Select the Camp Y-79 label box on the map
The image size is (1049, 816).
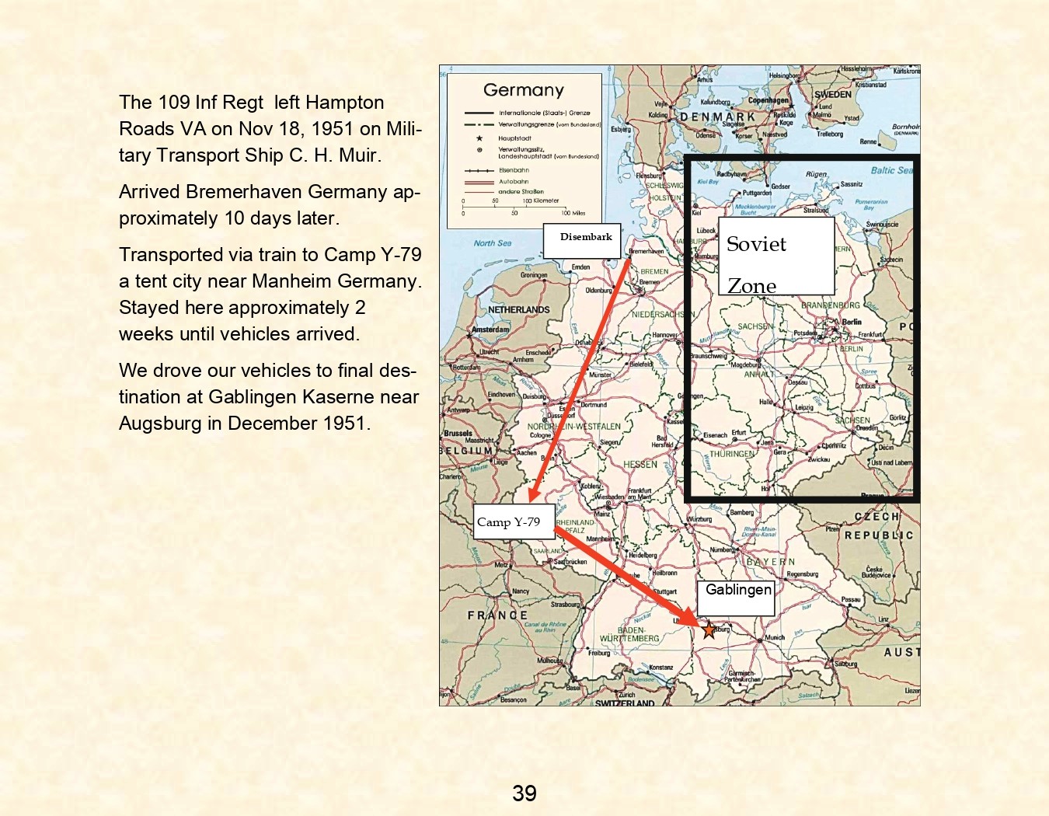click(x=514, y=521)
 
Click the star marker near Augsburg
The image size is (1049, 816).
click(x=709, y=629)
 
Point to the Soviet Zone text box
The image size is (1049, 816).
click(x=775, y=256)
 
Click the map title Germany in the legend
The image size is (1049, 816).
click(x=523, y=90)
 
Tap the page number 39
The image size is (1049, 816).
click(x=524, y=793)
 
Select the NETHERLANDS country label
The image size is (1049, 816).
click(x=518, y=309)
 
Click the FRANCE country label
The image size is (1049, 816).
click(x=497, y=615)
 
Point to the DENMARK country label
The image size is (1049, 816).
click(x=717, y=117)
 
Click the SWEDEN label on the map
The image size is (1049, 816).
click(x=832, y=95)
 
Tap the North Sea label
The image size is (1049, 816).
click(x=493, y=243)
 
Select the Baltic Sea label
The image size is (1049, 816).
click(x=891, y=169)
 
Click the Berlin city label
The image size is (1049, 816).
click(x=852, y=321)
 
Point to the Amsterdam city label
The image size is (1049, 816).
click(x=490, y=330)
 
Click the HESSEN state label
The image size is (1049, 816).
click(x=640, y=464)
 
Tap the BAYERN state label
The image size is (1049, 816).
click(x=770, y=561)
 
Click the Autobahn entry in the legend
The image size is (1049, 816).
click(x=513, y=182)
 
